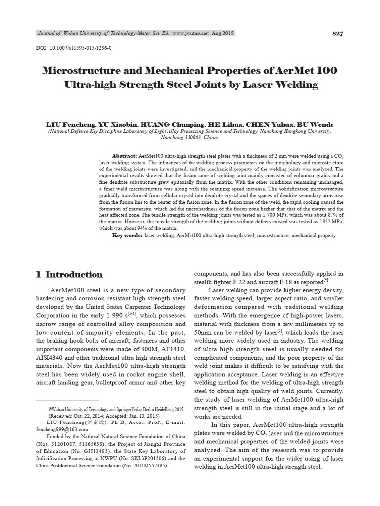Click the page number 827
point(338,34)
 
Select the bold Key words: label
point(127,236)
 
